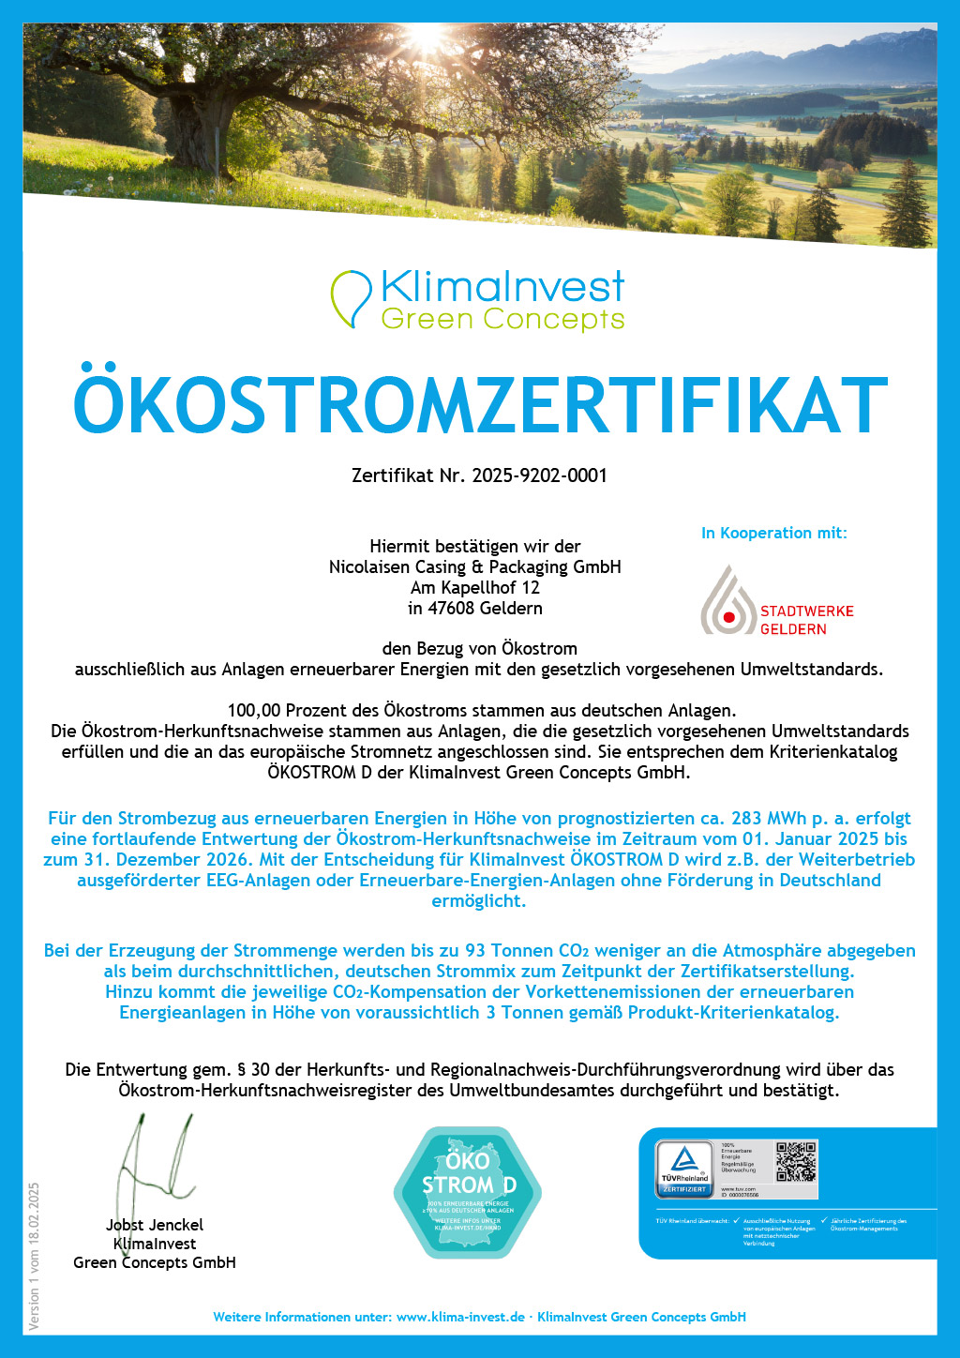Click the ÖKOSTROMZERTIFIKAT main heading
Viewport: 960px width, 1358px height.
[x=480, y=404]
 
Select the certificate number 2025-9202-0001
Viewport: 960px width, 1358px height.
[x=539, y=475]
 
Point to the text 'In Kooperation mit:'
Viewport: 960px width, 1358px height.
[x=773, y=533]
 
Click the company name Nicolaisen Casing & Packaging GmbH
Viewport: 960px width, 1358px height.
[x=474, y=566]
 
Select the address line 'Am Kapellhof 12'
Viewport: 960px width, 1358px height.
[x=474, y=588]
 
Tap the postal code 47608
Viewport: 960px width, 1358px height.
[x=451, y=609]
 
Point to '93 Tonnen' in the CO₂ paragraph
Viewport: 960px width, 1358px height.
[x=502, y=950]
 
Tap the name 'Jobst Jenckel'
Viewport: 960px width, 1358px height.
[x=154, y=1225]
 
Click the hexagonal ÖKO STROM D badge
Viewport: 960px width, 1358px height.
[x=468, y=1191]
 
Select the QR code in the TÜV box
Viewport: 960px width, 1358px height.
[x=795, y=1161]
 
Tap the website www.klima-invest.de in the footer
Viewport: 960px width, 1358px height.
[x=460, y=1317]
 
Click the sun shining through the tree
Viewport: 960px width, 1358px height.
[x=427, y=38]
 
